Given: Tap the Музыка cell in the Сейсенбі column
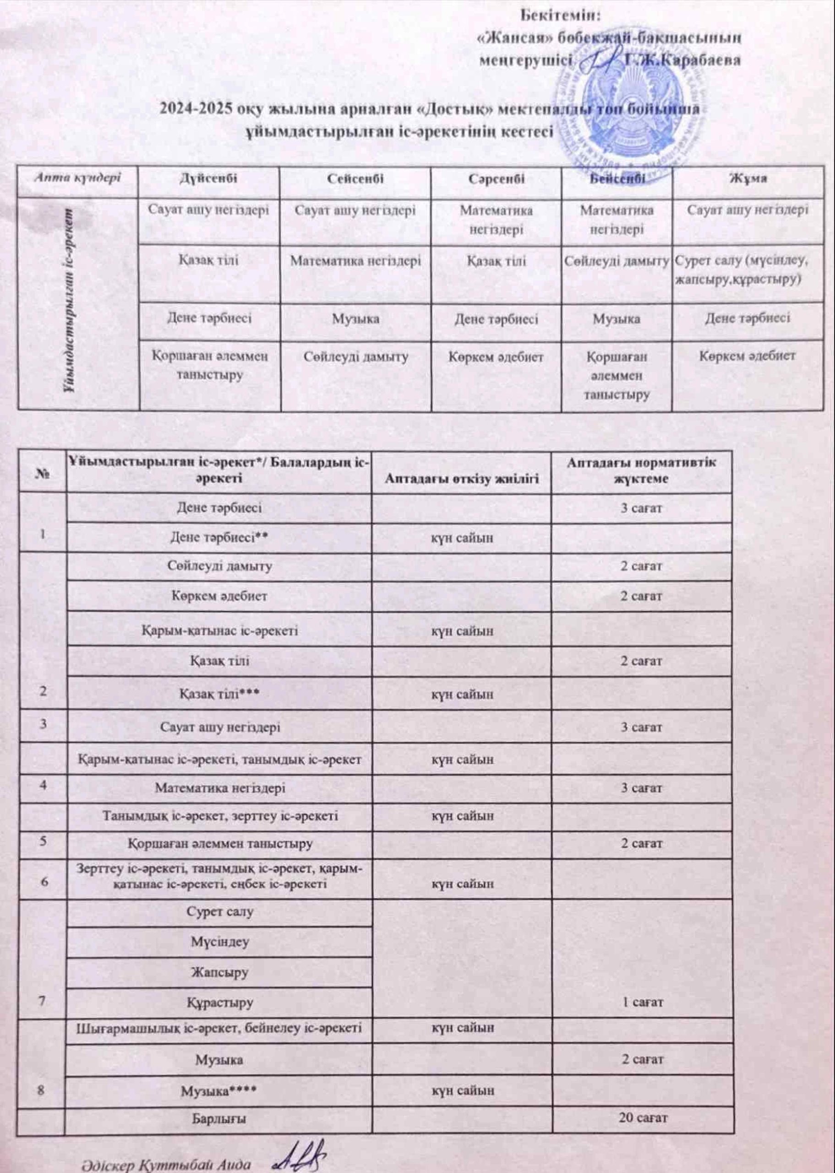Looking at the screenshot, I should click(355, 319).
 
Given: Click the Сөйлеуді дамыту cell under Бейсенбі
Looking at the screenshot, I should click(617, 261).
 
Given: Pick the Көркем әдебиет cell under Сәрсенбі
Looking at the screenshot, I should click(496, 356).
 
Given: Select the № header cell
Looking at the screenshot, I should click(42, 471).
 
